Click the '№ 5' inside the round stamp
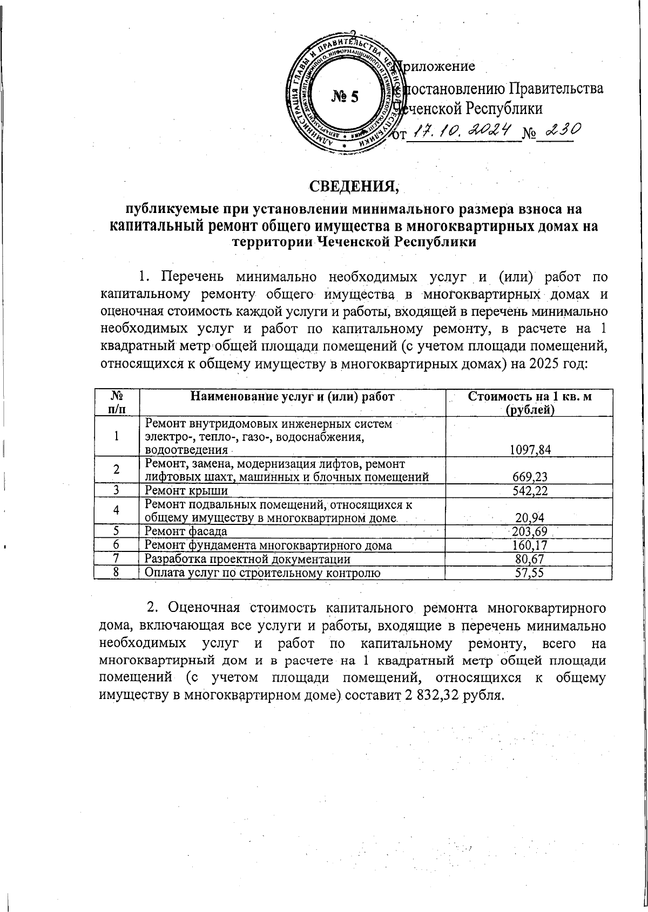point(345,97)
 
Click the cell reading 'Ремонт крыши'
point(186,490)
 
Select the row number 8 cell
point(116,573)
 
